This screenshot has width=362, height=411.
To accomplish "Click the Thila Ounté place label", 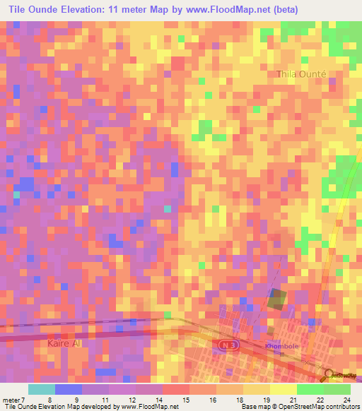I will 301,74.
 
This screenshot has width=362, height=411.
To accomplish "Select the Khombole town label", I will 282,347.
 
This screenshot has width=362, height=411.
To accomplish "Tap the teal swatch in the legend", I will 41,389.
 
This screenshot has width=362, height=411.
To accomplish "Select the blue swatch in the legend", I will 68,389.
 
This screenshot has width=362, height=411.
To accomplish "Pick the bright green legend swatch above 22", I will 310,389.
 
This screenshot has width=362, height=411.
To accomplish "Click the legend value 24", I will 346,400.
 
